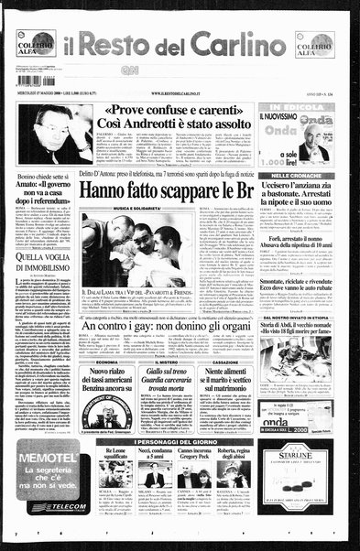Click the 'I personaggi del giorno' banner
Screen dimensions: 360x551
coord(193,441)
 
